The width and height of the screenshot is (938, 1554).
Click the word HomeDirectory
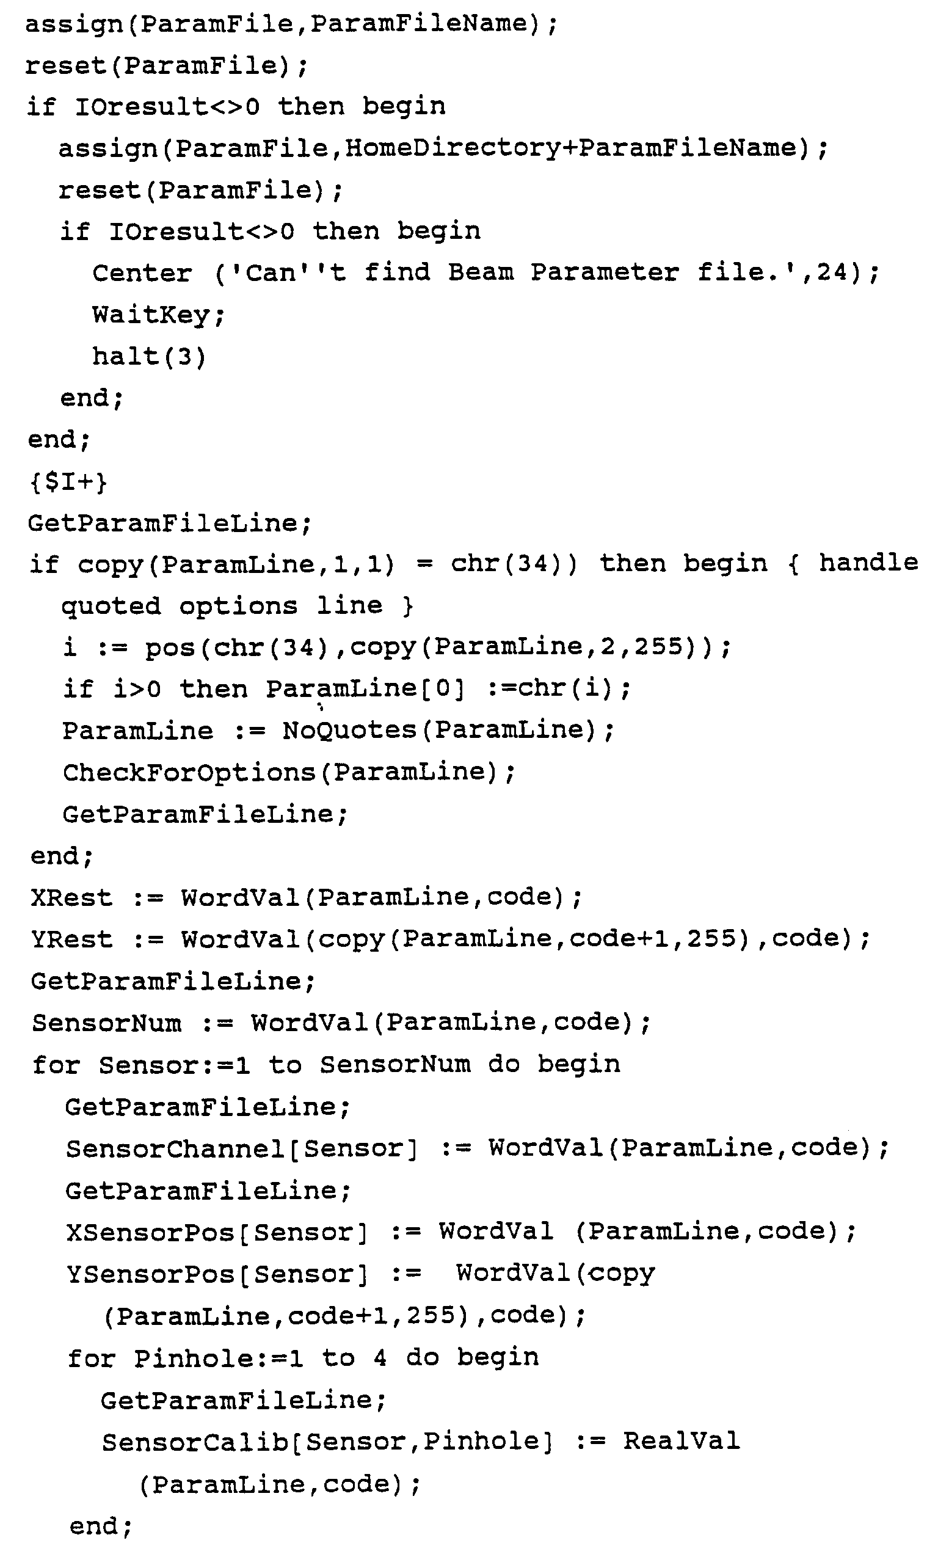tap(452, 148)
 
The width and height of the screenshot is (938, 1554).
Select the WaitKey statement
tap(158, 315)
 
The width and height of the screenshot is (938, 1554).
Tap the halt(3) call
tap(149, 357)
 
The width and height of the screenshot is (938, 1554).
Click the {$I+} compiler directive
tap(68, 483)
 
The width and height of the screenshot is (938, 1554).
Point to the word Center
tap(142, 274)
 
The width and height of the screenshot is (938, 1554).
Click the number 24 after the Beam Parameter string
tap(832, 273)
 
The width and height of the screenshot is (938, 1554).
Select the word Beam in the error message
tap(481, 272)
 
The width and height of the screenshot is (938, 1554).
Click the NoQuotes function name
tap(349, 731)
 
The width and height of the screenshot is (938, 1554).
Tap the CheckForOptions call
tap(189, 773)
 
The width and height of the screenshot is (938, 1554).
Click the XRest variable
tap(71, 897)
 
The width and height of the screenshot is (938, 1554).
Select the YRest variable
tap(71, 939)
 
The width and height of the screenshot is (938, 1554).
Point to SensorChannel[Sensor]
tap(241, 1148)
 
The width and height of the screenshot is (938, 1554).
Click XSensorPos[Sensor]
tap(216, 1232)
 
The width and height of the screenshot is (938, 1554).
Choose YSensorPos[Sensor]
tap(216, 1274)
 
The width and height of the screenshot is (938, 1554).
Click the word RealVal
tap(681, 1441)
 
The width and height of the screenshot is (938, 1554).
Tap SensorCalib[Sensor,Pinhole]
tap(327, 1442)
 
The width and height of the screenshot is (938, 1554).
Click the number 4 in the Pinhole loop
tap(379, 1358)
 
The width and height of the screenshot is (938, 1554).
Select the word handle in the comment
tap(868, 563)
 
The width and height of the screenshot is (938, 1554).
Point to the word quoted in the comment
tap(111, 606)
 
